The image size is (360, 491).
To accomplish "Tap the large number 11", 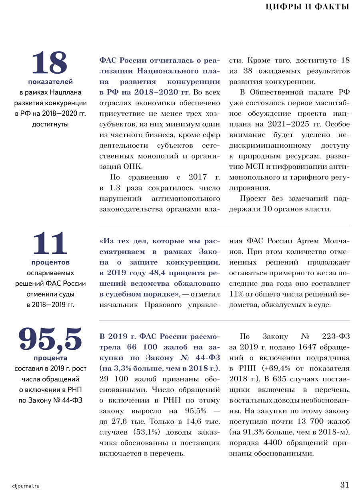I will (50, 244).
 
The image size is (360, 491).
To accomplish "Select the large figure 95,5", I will (50, 339).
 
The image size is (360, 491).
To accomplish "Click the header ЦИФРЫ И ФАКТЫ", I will (308, 7).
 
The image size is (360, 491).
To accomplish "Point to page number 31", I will (344, 485).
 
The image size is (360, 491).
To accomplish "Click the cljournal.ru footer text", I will (27, 485).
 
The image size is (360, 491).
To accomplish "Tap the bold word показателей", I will (50, 82).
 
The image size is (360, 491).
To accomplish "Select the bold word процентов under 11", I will (50, 263).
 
